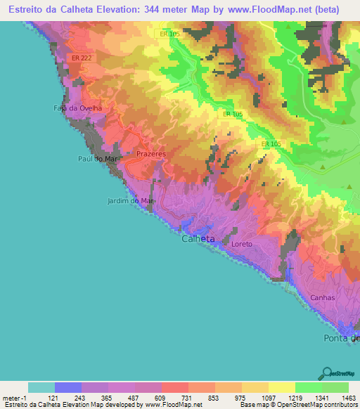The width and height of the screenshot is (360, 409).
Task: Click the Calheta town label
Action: [198, 239]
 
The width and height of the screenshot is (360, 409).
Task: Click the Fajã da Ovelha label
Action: [77, 108]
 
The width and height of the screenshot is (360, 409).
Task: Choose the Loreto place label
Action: [241, 245]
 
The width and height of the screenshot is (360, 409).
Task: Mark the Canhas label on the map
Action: [323, 298]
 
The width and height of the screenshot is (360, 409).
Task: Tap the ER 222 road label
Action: [81, 58]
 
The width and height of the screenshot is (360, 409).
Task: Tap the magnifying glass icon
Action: [326, 372]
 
